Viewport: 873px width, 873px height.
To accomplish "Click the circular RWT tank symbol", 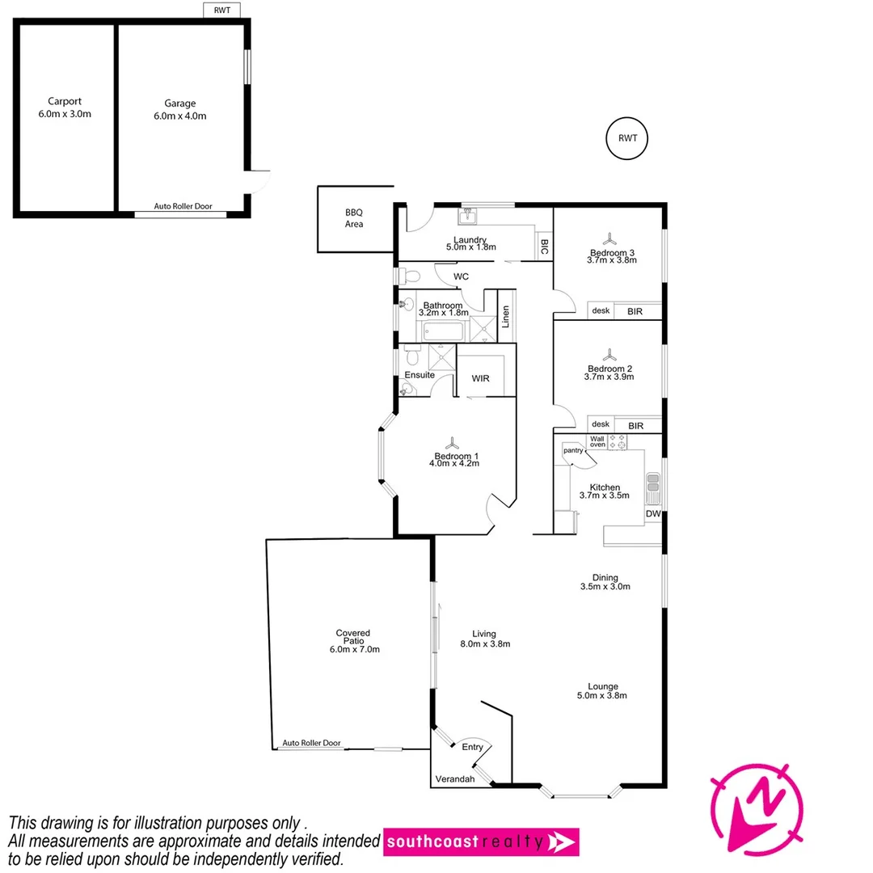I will coord(627,138).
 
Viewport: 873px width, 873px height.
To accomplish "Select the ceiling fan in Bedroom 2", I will coord(609,356).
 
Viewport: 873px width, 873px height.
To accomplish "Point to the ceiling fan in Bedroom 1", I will coord(457,442).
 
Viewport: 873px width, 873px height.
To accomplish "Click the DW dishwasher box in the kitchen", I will coord(652,514).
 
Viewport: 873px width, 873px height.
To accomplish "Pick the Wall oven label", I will coord(597,441).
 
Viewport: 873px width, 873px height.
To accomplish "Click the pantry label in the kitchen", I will coord(573,450).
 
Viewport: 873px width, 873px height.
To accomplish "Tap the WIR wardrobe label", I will coord(480,378).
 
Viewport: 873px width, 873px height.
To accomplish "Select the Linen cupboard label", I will coord(506,316).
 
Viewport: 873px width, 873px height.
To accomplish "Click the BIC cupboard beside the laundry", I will coord(544,247).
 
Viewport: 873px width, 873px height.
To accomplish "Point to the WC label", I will coord(461,276).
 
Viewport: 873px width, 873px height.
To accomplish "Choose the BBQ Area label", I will coord(354,218).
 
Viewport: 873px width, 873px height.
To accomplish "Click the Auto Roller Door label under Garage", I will coord(183,207).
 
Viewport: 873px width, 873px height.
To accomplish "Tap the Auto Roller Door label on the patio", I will coord(311,743).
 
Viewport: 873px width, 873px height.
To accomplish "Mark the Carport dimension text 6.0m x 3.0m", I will coord(65,114).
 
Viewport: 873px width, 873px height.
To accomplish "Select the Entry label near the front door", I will coord(472,747).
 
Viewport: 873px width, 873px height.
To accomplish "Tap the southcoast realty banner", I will coord(481,841).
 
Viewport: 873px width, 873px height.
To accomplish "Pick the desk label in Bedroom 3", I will coord(601,310).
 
